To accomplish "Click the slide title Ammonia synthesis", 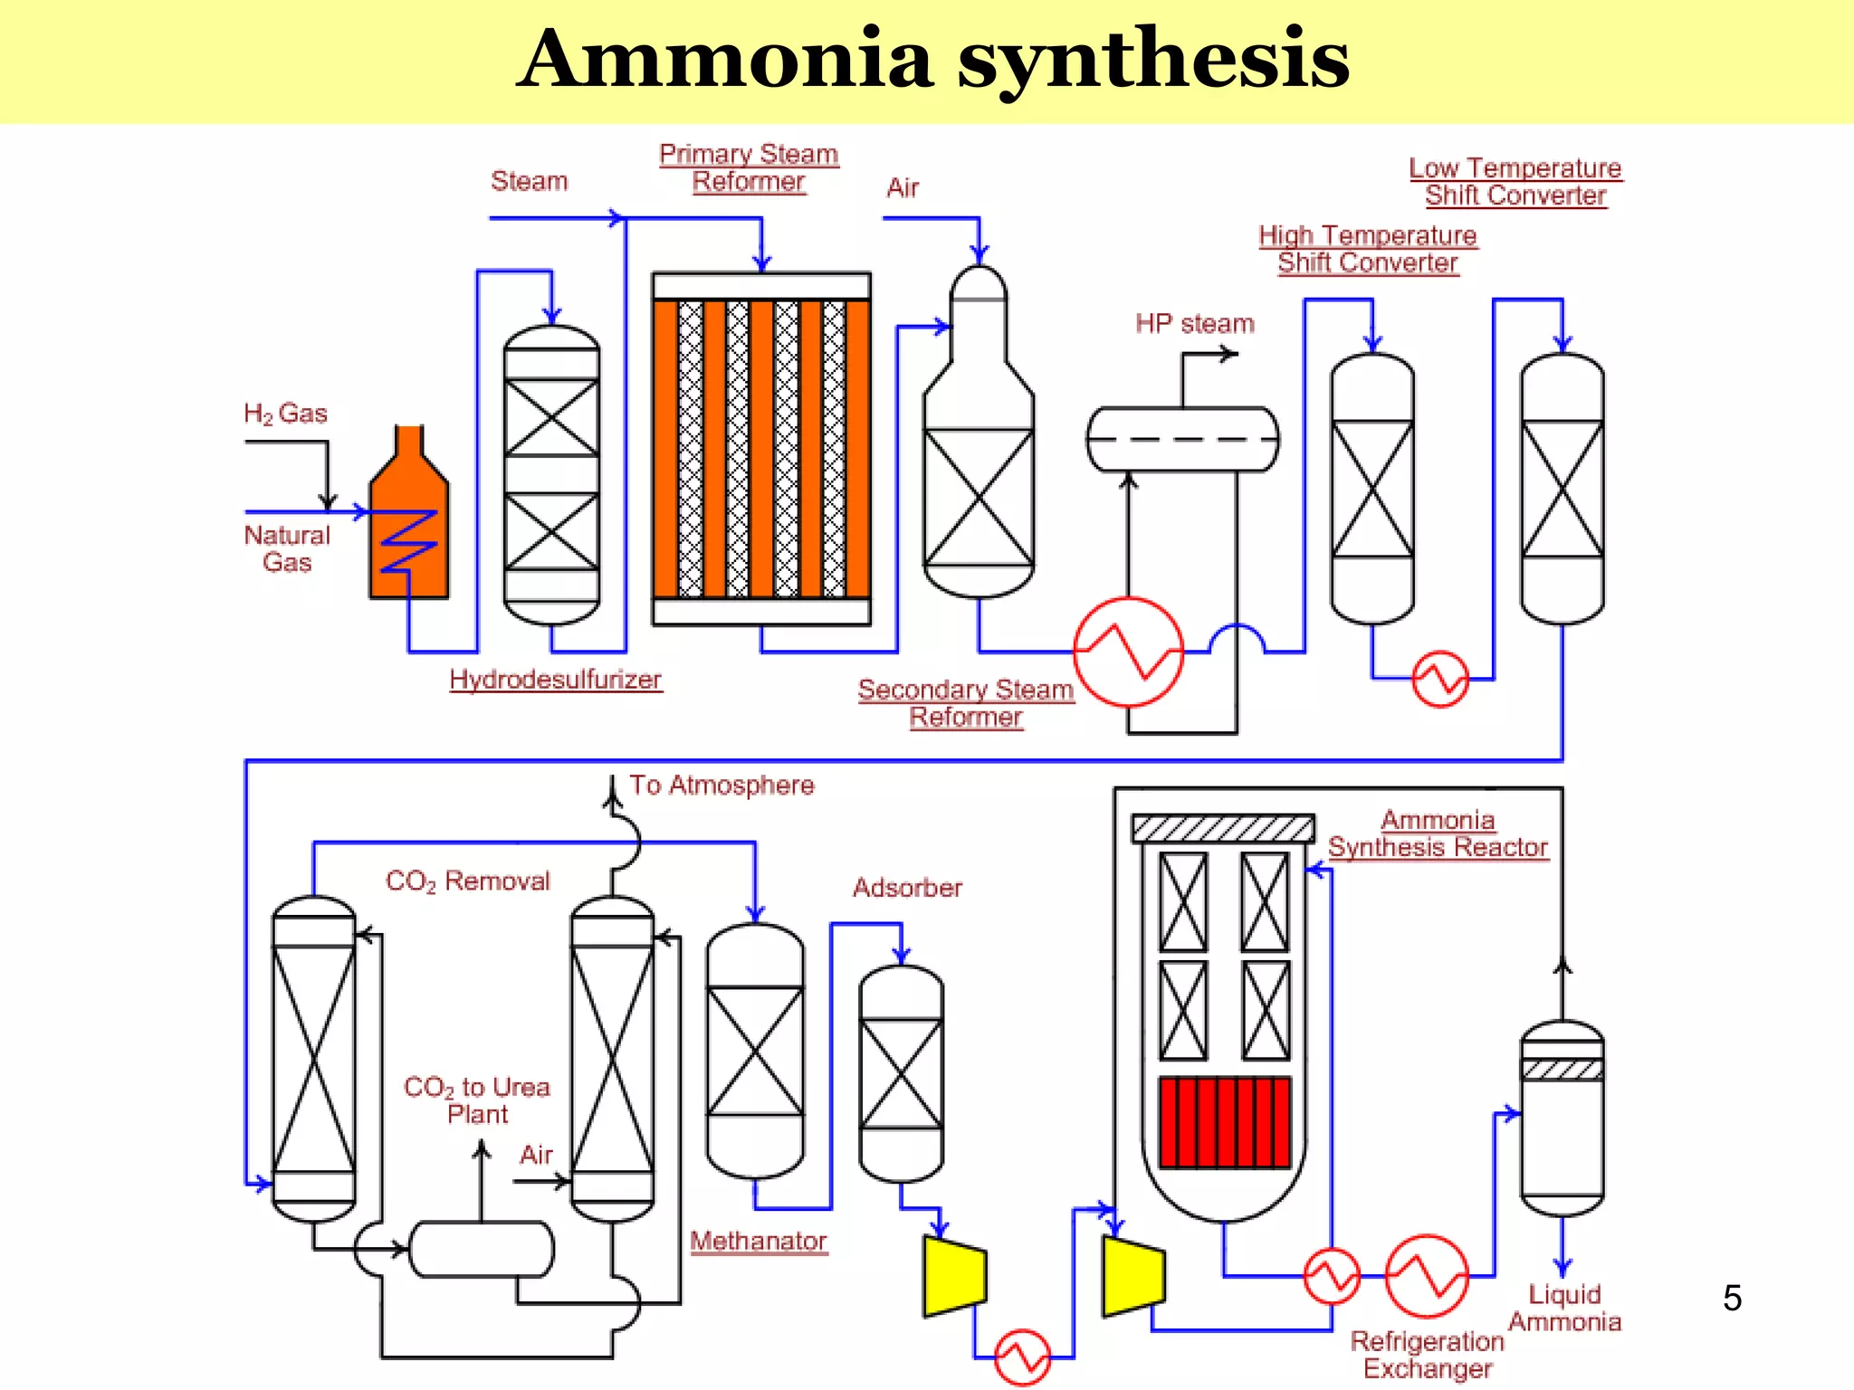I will [932, 60].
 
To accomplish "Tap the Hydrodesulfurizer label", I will [555, 680].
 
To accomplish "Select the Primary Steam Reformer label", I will [749, 167].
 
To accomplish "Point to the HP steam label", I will [1194, 324].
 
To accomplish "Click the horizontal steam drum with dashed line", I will [1182, 439].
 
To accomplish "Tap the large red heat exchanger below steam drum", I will [1128, 652].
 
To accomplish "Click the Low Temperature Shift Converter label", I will [1515, 182].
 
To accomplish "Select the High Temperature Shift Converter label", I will [1367, 249].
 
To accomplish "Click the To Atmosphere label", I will [722, 785].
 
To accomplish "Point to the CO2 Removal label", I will [467, 881].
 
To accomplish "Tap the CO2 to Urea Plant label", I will [477, 1100].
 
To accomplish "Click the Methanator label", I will [759, 1241].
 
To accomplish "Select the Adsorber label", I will [907, 888].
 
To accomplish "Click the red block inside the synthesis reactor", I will [1225, 1122].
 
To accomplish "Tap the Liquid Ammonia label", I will [1564, 1308].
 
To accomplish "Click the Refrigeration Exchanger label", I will [1428, 1355].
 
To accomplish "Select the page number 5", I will [1732, 1298].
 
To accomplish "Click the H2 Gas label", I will [285, 414].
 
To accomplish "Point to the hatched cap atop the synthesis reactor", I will [1223, 827].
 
